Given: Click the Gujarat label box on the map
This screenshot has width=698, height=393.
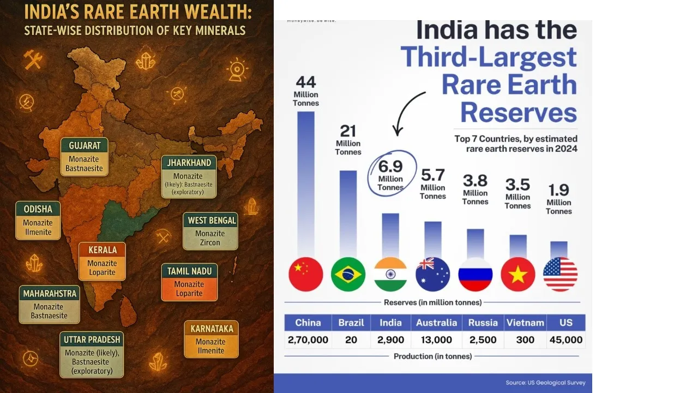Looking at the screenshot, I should (x=85, y=157).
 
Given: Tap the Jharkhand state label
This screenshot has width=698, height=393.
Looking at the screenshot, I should (x=189, y=176).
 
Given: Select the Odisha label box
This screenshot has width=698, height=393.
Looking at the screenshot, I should (x=38, y=221).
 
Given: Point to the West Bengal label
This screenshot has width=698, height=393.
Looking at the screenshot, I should (x=210, y=231).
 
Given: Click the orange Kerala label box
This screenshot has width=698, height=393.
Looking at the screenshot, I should (x=102, y=261).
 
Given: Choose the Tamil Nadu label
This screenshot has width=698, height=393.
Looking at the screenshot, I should (x=189, y=282).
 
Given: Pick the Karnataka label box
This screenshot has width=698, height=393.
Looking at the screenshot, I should (x=211, y=339).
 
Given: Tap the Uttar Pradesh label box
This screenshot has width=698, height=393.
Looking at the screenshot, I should (x=92, y=355).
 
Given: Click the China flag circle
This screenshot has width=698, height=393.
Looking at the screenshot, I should (x=306, y=274).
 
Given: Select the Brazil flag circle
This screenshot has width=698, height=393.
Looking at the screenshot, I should (x=348, y=274).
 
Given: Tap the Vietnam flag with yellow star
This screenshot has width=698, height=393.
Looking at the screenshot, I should (x=518, y=274).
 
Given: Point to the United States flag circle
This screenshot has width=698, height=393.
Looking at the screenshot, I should (x=560, y=274).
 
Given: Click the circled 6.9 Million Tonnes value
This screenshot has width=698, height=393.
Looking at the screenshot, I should (x=392, y=173).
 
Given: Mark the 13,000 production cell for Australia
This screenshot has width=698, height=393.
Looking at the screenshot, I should (x=436, y=340).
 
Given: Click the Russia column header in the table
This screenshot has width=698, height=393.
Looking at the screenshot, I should (x=483, y=323).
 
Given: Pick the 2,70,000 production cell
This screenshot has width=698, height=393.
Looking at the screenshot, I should (x=308, y=340).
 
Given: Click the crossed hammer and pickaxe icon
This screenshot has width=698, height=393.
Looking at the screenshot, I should (x=33, y=59).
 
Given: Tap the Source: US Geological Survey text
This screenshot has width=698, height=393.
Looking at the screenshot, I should (x=545, y=383).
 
